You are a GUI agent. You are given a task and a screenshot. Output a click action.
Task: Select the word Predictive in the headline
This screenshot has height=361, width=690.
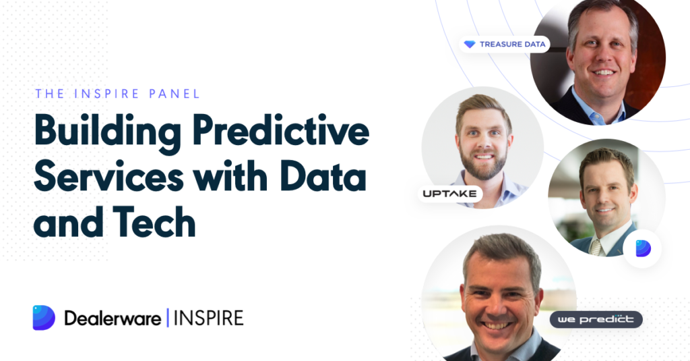(x=281, y=130)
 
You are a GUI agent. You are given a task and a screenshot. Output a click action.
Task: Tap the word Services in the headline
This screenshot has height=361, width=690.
(x=108, y=176)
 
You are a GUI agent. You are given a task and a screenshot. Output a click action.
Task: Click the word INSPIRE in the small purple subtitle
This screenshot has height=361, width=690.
(x=107, y=94)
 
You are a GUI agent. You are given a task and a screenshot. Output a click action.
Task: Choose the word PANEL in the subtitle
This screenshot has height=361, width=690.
(x=175, y=94)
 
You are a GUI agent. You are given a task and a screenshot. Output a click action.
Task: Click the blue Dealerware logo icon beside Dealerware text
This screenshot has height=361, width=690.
(x=44, y=317)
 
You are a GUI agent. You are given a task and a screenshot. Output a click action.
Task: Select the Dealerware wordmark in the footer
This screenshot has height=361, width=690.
(x=113, y=318)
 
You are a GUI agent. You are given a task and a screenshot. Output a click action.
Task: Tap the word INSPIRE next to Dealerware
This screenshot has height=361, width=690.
(x=209, y=318)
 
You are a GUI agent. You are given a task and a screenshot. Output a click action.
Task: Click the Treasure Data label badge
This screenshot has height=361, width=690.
(x=504, y=44)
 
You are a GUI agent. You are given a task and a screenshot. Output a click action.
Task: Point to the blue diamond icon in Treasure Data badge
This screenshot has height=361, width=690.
(x=470, y=45)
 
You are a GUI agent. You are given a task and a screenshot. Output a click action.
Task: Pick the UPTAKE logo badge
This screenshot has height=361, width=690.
(x=449, y=194)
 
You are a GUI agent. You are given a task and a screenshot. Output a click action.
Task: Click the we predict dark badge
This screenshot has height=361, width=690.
(x=596, y=320)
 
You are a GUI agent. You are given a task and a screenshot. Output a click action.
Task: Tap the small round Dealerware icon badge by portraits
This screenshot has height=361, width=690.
(x=642, y=248)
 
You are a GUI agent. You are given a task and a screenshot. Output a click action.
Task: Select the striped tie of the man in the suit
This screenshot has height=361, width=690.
(x=596, y=247)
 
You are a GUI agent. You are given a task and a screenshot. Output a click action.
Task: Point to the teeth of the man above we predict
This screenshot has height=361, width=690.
(x=497, y=326)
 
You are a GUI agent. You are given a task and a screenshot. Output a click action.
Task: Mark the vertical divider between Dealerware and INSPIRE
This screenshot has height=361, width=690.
(x=168, y=318)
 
